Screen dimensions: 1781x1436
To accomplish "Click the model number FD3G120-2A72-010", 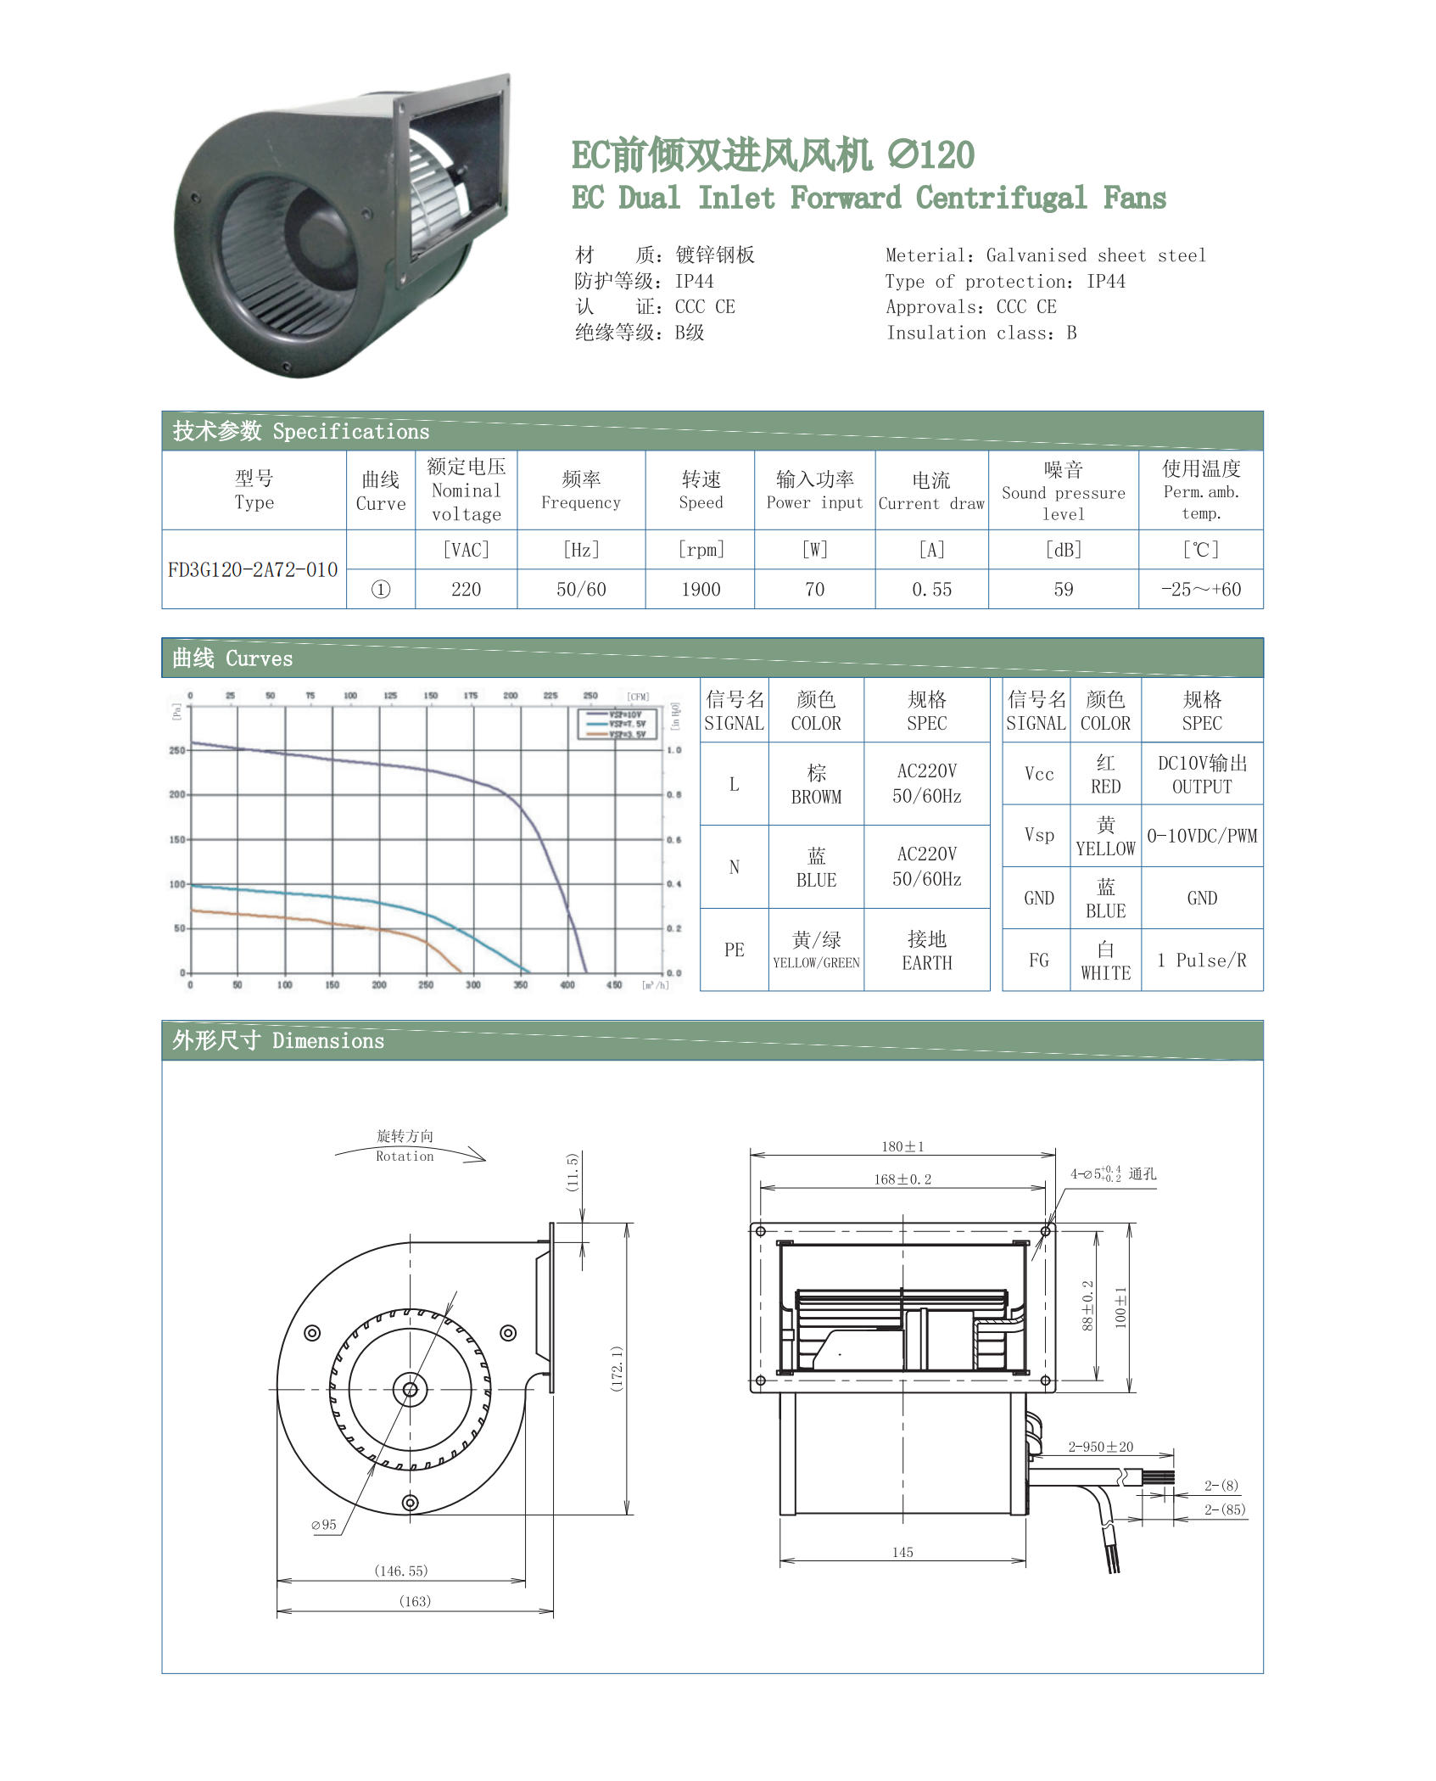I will (x=253, y=569).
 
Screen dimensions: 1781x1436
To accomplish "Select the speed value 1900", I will (x=701, y=589).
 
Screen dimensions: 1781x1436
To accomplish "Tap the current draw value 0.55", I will (x=931, y=589).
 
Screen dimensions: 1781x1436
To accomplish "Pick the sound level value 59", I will (x=1063, y=589).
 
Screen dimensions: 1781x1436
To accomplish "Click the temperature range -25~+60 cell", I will (x=1200, y=589).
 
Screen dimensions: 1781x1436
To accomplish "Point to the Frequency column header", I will (x=581, y=490).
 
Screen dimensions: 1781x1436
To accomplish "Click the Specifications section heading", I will (x=301, y=431).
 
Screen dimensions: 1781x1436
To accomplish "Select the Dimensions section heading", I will (x=278, y=1040).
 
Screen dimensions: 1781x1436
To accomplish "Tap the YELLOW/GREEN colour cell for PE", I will (x=816, y=949).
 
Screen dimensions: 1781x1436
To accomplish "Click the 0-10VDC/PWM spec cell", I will (x=1202, y=836).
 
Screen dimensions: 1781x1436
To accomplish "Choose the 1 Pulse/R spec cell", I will (x=1202, y=961).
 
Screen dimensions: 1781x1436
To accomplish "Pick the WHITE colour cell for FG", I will (x=1105, y=961).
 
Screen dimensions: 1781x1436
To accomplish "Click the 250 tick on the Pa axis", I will (x=176, y=750).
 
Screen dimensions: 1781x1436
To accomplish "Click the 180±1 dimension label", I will (x=902, y=1146).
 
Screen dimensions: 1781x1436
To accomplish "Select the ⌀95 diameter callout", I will (x=324, y=1525).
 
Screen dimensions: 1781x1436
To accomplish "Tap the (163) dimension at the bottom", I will (x=415, y=1601).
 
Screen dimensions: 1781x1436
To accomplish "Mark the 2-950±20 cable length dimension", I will (x=1100, y=1447).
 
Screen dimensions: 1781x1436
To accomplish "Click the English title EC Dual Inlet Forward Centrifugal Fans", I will (x=869, y=198).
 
